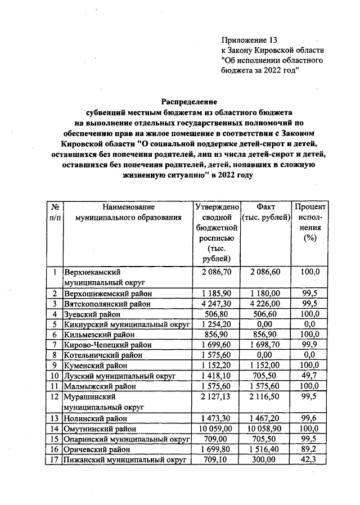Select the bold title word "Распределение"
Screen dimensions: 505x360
(190, 102)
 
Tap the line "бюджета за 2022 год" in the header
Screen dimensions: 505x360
(259, 70)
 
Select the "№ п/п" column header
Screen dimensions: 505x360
(55, 212)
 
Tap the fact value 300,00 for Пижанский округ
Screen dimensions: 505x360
(264, 460)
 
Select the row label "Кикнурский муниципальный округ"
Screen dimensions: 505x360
(128, 324)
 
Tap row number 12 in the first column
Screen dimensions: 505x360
(55, 397)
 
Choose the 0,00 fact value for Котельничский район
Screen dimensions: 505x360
(264, 355)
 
